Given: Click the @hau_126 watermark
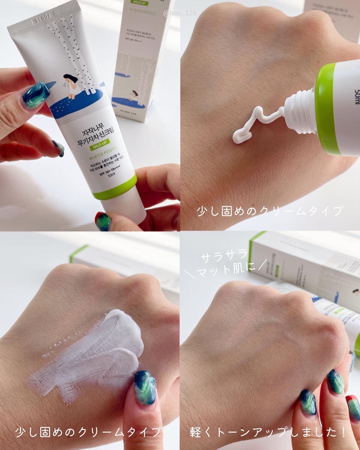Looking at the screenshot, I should click(180, 13).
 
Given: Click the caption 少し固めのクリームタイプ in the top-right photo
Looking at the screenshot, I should click(269, 211).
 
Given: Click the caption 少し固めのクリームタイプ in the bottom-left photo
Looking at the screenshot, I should click(88, 432).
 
